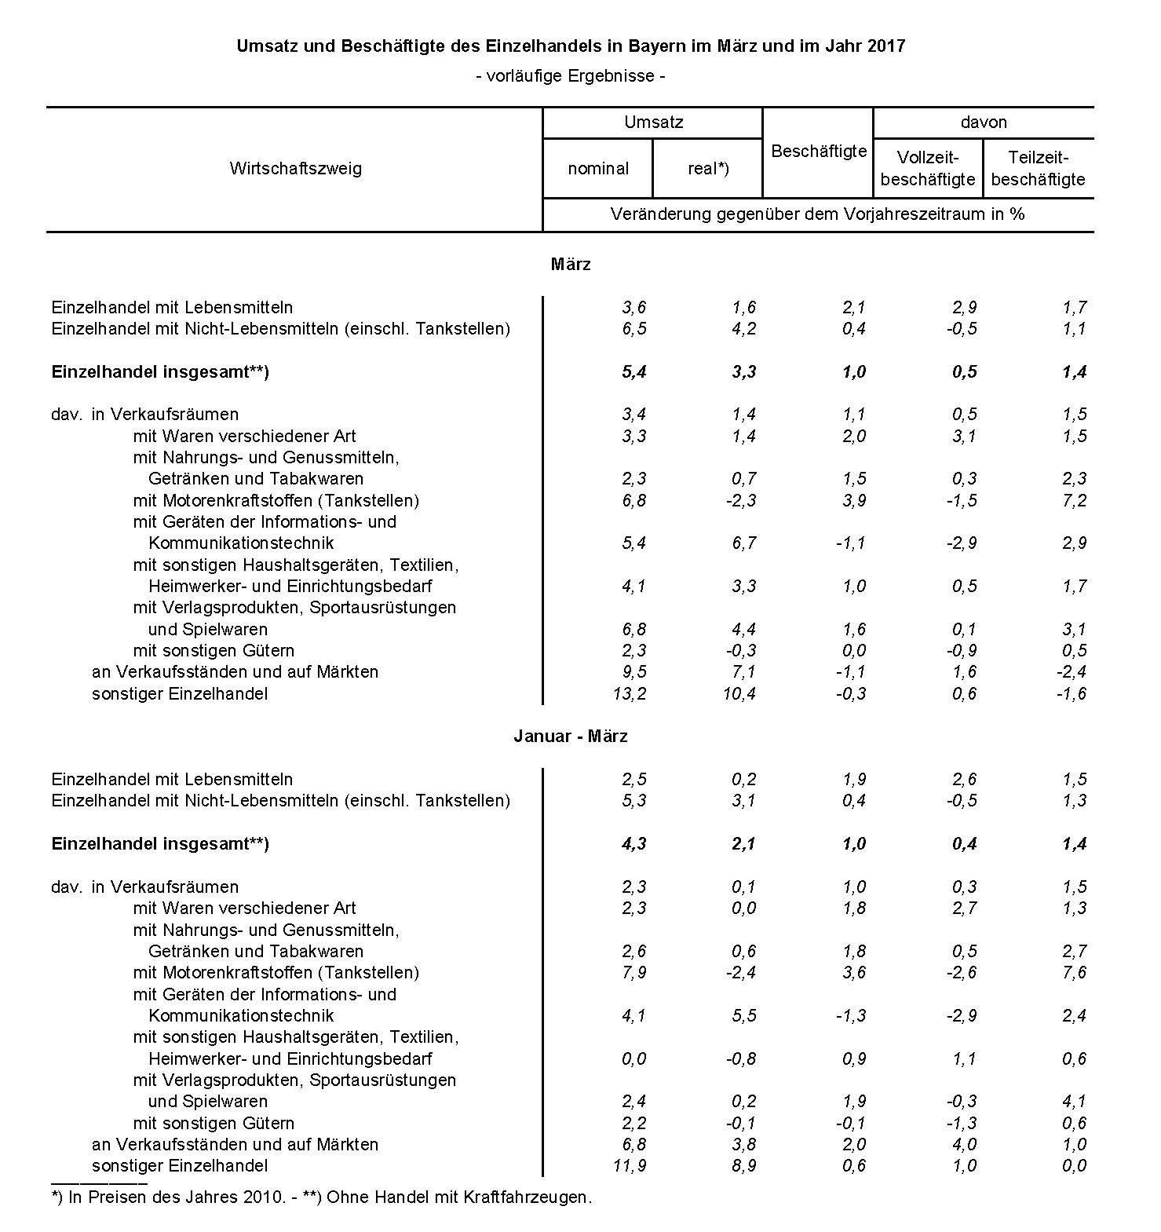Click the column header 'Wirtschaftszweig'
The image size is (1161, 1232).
pos(295,169)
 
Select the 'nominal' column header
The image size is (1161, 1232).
pos(598,169)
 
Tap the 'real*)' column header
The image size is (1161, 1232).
pos(708,169)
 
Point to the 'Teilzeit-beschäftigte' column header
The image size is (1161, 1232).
pos(1038,168)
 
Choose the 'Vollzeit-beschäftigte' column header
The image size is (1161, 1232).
pos(928,168)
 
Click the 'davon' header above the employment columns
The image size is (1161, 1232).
pos(983,122)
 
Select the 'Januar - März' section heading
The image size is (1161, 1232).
pos(571,737)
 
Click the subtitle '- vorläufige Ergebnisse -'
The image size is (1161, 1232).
pos(571,76)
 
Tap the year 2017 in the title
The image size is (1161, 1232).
pos(886,46)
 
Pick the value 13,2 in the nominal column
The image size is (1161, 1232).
pos(630,693)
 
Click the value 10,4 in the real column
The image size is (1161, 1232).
pos(739,693)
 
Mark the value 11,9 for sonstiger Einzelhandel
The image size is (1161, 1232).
pos(630,1166)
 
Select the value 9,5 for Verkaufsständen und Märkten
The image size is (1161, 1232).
pos(633,672)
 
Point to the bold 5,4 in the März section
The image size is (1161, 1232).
pos(633,372)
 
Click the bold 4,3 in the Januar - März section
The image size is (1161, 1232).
pos(633,844)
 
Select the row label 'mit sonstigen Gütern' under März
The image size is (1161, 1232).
pos(214,651)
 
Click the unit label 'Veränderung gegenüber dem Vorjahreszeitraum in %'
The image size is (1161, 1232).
pos(817,214)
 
